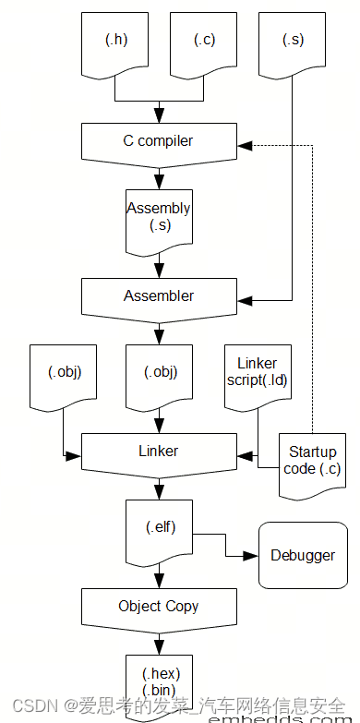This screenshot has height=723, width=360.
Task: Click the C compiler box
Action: pos(159,142)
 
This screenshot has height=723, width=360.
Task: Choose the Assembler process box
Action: pos(159,296)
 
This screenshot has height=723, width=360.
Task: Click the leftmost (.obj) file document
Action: pos(64,374)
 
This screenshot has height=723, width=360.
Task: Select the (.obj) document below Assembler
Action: pos(160,374)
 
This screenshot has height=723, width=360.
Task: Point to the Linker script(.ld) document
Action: pos(257,374)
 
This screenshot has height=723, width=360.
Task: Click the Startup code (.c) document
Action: pos(313,462)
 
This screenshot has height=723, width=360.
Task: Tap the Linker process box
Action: pos(159,452)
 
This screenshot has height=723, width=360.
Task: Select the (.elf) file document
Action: pos(160,529)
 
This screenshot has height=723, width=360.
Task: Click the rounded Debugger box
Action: pos(303,555)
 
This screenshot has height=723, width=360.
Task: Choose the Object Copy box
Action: pos(159,607)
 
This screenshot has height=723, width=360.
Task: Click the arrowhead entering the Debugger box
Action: pos(250,557)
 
